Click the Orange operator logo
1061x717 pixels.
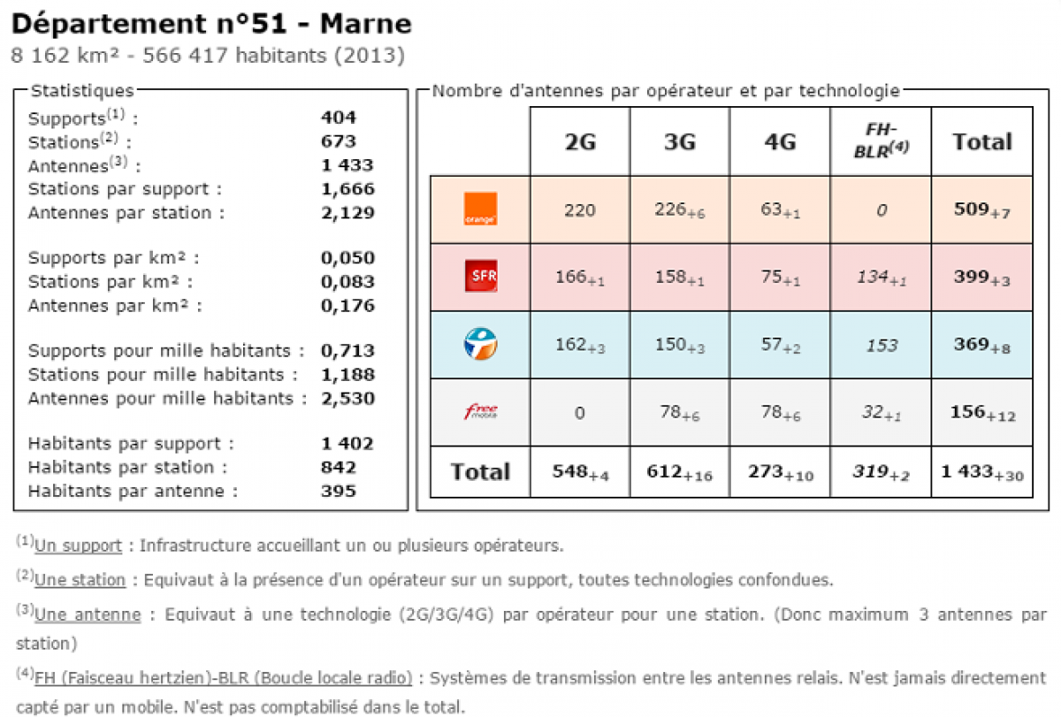[x=481, y=209]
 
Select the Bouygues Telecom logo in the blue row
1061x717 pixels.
[x=481, y=344]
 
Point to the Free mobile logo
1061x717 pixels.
[x=481, y=411]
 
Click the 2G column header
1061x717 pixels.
[x=580, y=141]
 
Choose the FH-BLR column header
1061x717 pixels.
[x=881, y=141]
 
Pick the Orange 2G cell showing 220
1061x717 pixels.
[x=580, y=210]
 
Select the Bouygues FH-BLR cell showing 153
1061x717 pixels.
[x=881, y=345]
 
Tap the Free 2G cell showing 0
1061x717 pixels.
[x=580, y=412]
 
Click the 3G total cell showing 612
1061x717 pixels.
[x=679, y=472]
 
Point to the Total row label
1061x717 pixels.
[x=480, y=472]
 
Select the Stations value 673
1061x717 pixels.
[x=339, y=141]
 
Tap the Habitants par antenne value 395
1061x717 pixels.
[x=339, y=491]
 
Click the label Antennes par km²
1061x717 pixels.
[x=114, y=306]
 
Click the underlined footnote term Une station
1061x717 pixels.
[x=80, y=580]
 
